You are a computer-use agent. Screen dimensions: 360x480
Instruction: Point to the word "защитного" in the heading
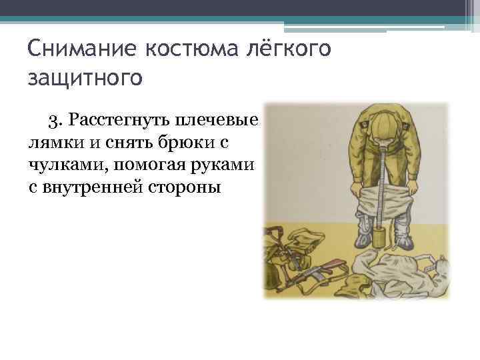click(85, 77)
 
